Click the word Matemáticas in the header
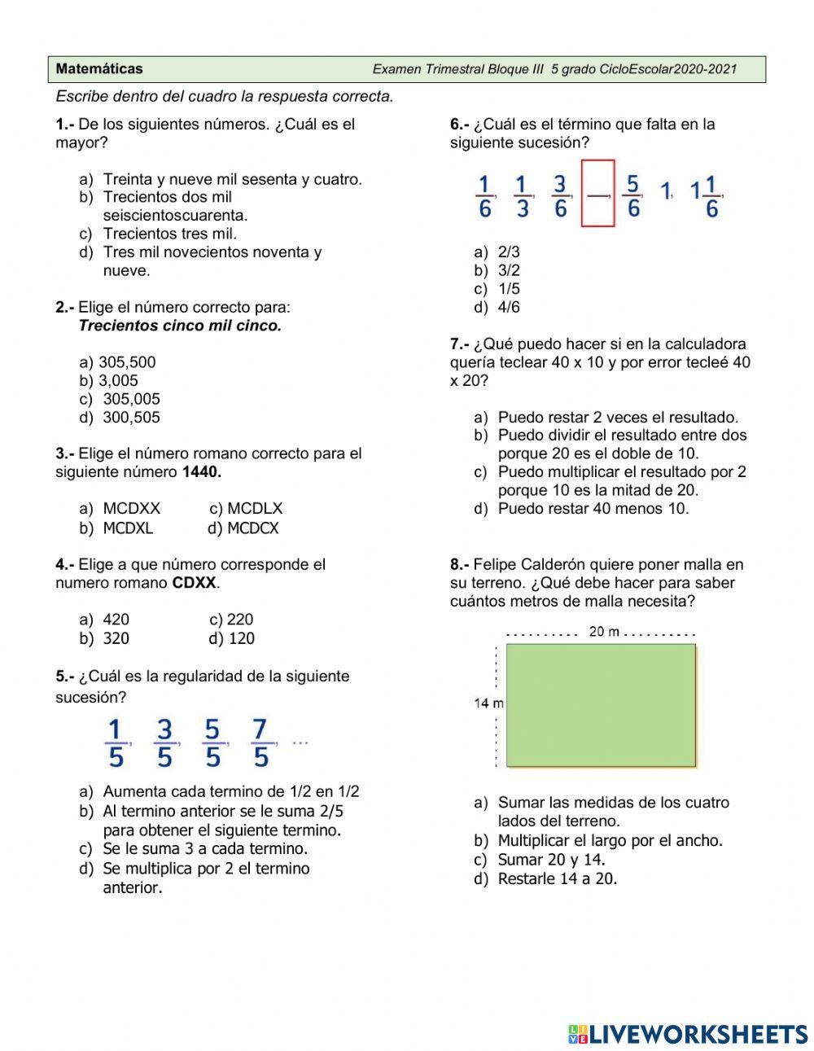[x=99, y=69]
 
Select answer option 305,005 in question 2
[x=131, y=399]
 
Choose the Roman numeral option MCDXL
[x=128, y=528]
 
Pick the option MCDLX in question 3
[x=254, y=509]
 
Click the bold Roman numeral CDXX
[x=195, y=583]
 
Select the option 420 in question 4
[x=116, y=620]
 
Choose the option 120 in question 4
[x=241, y=638]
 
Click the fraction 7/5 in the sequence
[x=260, y=742]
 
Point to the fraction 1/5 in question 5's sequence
[x=116, y=742]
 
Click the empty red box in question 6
[x=597, y=193]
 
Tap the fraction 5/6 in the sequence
[x=633, y=196]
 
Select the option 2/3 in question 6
[x=509, y=252]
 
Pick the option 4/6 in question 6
[x=509, y=307]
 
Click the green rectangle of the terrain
[x=601, y=705]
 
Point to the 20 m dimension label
[x=604, y=632]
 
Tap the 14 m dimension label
[x=488, y=703]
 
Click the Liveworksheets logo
[x=688, y=1034]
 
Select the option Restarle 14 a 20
[x=558, y=878]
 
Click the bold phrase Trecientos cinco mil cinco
[x=180, y=326]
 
